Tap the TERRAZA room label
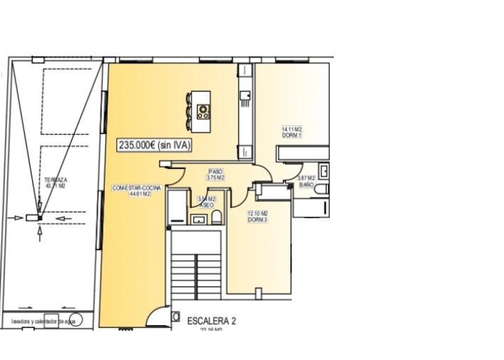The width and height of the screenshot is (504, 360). coord(55,180)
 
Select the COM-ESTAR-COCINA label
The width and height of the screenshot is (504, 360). coord(131,188)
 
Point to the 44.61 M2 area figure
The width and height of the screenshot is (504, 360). coord(139,194)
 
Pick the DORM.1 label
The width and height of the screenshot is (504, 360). coord(291,135)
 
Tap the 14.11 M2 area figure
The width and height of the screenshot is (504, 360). coord(291,129)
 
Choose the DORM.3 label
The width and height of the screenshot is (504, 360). coord(257,220)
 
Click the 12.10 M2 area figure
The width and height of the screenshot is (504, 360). coord(257,213)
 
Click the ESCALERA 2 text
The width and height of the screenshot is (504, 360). coord(212,321)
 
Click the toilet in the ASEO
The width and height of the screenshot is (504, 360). coord(217,217)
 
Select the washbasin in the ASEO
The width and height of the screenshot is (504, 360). coord(199,219)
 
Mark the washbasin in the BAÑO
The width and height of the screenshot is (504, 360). coord(324,171)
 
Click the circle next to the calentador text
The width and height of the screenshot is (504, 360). coord(75,320)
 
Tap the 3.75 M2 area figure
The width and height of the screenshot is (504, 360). coord(215,178)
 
